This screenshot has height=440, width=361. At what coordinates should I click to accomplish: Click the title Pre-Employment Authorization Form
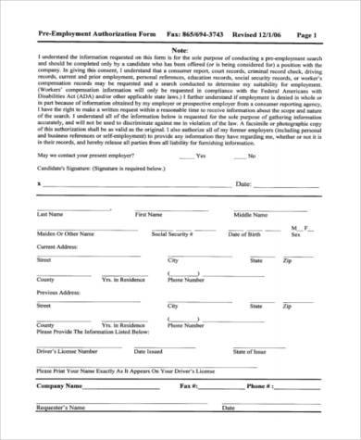84,34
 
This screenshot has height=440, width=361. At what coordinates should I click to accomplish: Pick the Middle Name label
250,241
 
